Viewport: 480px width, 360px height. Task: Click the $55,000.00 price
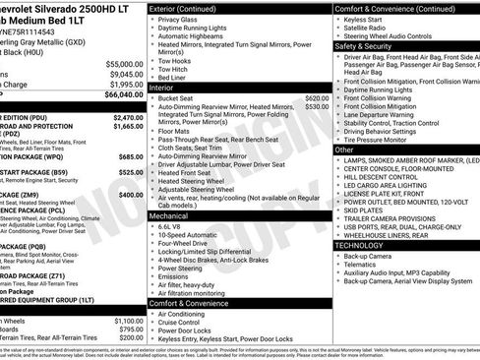point(124,64)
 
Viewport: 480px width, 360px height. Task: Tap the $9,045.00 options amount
point(126,74)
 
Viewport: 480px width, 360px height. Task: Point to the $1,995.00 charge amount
point(126,85)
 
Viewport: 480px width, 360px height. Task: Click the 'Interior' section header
point(162,88)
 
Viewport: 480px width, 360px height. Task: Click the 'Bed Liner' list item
point(175,78)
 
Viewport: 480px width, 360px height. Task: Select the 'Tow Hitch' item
point(176,69)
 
